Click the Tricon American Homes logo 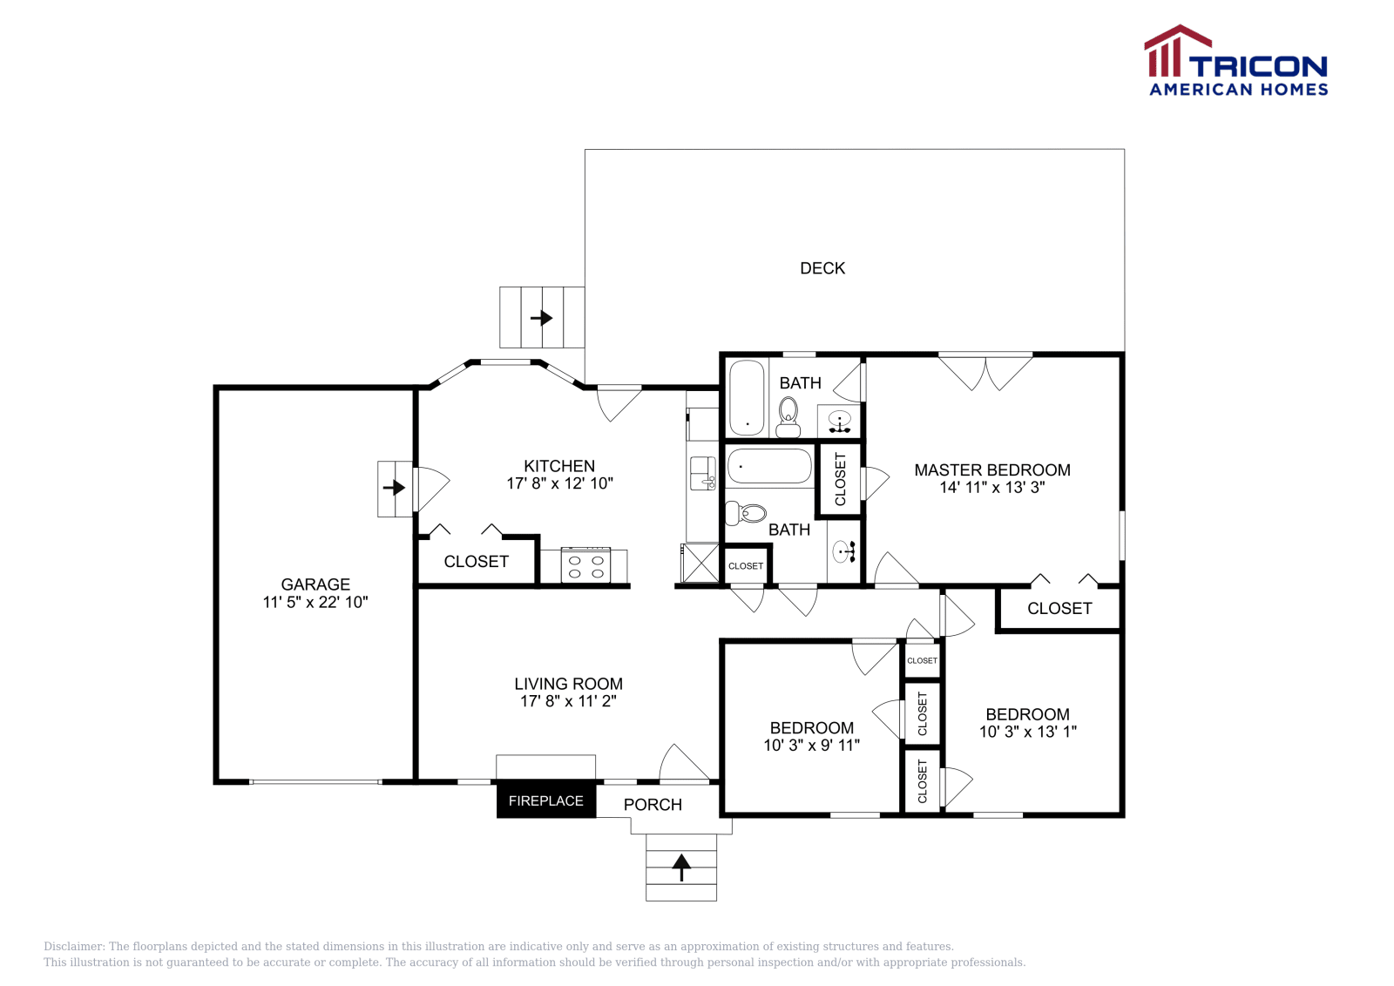[1236, 60]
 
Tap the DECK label [822, 268]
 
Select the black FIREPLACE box [545, 800]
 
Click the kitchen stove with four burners [585, 565]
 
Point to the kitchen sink [702, 474]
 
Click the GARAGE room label [315, 584]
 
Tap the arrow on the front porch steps [681, 868]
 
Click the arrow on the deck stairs [541, 318]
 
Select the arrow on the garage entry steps [394, 487]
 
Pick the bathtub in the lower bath [770, 466]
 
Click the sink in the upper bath [840, 421]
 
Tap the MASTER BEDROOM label [992, 470]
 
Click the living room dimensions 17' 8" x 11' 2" [568, 701]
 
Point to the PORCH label [653, 805]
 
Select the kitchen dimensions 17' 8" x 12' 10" [559, 483]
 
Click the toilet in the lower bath [746, 513]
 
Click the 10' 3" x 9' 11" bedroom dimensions [811, 746]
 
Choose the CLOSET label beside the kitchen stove [476, 562]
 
